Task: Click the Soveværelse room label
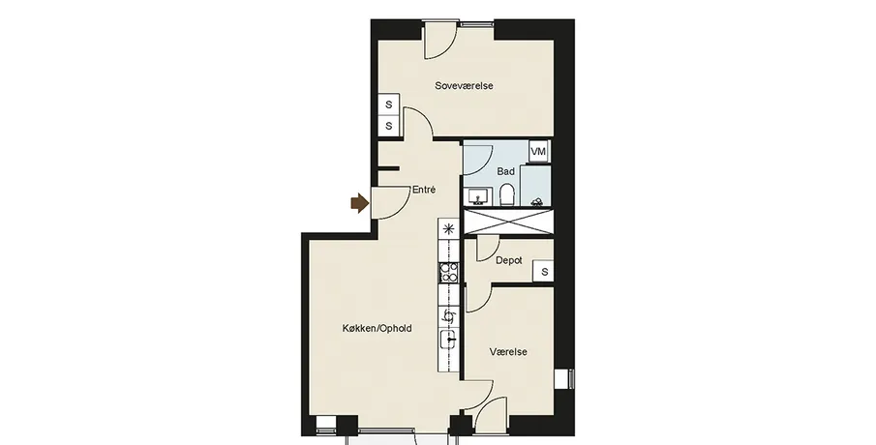(x=464, y=86)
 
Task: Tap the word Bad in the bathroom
(x=505, y=171)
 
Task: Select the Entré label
(x=423, y=190)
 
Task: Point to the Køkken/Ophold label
(x=378, y=328)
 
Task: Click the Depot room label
(x=509, y=260)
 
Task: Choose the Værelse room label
(x=508, y=352)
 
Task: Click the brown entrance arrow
(x=360, y=204)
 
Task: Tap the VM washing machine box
(x=538, y=151)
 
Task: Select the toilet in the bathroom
(x=507, y=194)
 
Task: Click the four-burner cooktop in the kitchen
(x=448, y=273)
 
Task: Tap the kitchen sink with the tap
(x=448, y=339)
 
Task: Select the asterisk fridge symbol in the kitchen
(x=448, y=228)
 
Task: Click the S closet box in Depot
(x=544, y=272)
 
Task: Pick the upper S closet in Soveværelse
(x=389, y=104)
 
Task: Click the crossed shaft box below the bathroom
(x=510, y=222)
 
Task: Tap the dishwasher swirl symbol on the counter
(x=448, y=316)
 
